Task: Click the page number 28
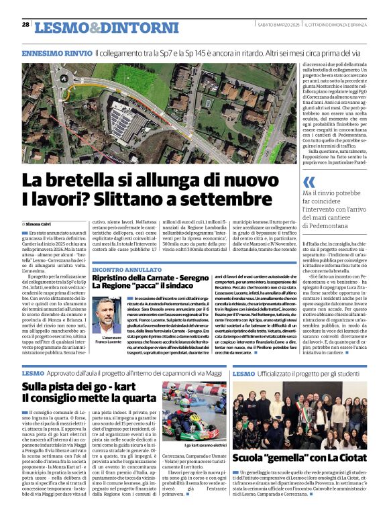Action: coord(25,24)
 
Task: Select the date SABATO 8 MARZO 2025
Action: coord(278,25)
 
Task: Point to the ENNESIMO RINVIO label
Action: coord(56,52)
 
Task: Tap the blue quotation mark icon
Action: coord(309,183)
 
